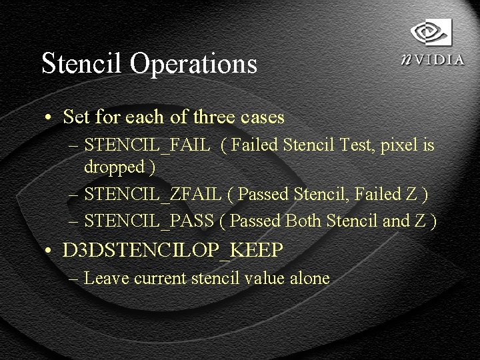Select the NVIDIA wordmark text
(433, 59)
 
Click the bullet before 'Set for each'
(49, 118)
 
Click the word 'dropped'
(113, 167)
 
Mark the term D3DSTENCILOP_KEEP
(173, 251)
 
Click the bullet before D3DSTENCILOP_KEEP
(49, 252)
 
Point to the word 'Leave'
(107, 278)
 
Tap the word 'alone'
(309, 278)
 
